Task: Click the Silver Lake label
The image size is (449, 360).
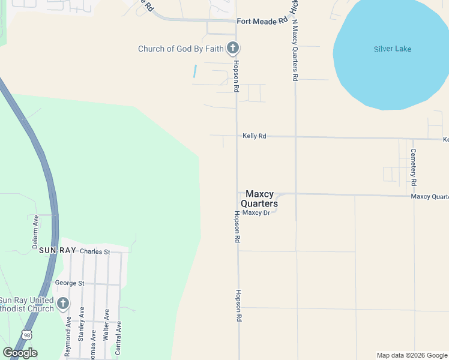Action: [393, 49]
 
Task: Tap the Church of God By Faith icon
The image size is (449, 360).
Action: [233, 48]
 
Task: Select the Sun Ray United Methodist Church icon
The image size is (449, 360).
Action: [63, 304]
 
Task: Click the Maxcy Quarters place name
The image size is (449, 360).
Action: [259, 199]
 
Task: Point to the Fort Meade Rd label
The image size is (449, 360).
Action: [262, 21]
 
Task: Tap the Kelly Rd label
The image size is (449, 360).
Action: [254, 136]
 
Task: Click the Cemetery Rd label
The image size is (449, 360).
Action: [413, 166]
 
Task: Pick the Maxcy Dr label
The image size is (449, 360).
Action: [257, 212]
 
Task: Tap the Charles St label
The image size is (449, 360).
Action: [95, 251]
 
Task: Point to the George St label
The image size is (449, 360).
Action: [70, 283]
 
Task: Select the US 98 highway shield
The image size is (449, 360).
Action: [26, 334]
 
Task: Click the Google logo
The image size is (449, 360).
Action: [20, 353]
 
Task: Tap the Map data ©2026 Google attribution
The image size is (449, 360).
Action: [412, 355]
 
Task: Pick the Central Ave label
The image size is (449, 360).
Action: [118, 338]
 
